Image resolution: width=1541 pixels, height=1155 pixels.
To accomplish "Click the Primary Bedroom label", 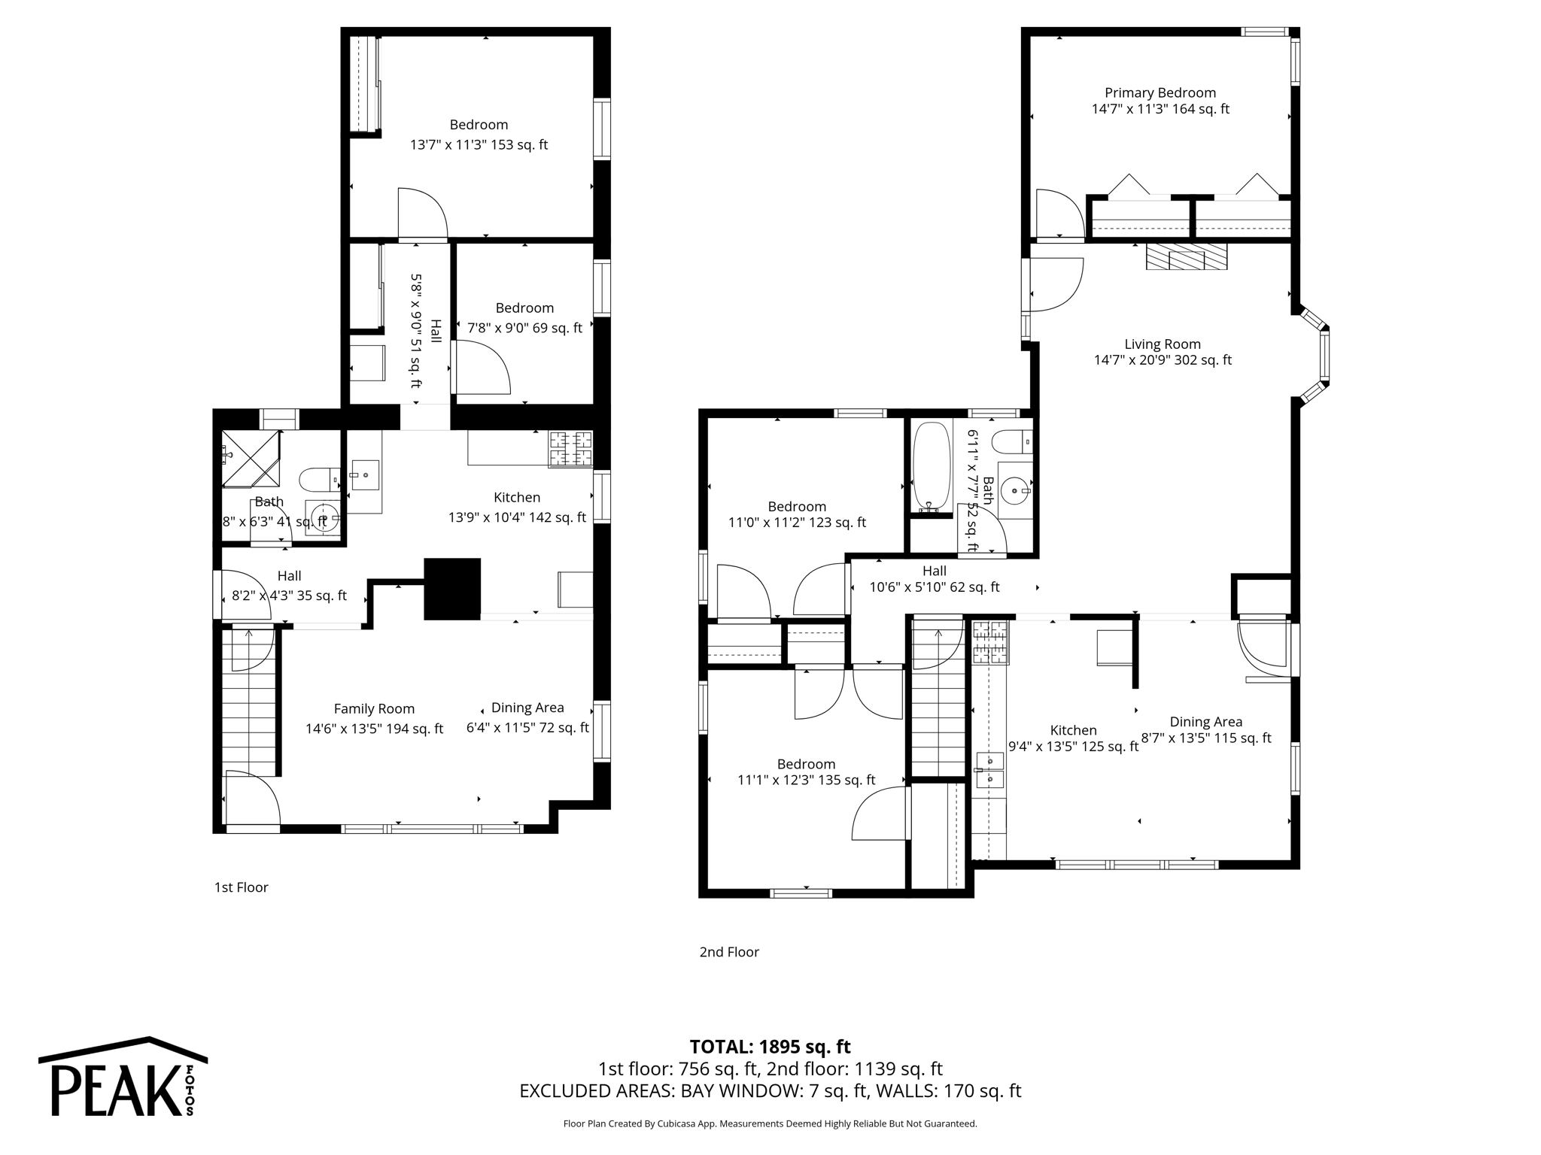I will [x=1160, y=92].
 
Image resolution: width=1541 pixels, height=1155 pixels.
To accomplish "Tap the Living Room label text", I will [x=1162, y=344].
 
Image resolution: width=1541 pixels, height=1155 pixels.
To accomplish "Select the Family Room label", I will [x=374, y=708].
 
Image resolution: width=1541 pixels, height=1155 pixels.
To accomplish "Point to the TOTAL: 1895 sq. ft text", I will [x=770, y=1047].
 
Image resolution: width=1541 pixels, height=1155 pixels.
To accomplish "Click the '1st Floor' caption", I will [x=241, y=887].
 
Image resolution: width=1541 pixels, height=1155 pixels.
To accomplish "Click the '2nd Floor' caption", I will [x=729, y=952].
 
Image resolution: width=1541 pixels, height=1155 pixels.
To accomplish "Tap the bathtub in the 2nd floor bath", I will [x=930, y=466].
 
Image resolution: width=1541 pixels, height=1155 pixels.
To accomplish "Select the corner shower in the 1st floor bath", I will [x=251, y=459].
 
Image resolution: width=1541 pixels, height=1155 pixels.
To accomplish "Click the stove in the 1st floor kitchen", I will [x=570, y=449].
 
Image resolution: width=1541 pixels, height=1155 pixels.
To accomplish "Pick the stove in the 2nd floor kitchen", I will [x=990, y=642].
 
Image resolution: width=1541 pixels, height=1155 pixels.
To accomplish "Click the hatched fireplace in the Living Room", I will [x=1186, y=256].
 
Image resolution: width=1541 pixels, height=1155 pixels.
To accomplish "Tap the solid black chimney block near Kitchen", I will [x=452, y=589].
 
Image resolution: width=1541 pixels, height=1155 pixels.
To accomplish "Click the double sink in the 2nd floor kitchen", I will [x=989, y=770].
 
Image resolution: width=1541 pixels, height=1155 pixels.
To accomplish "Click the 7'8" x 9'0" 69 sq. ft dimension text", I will [x=524, y=328].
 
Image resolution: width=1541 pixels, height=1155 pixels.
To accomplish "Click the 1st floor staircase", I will [x=250, y=699].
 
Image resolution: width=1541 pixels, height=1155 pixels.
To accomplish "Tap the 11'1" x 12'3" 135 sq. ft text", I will [x=806, y=780].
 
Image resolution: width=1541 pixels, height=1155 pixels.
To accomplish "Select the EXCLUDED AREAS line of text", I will [x=770, y=1090].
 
